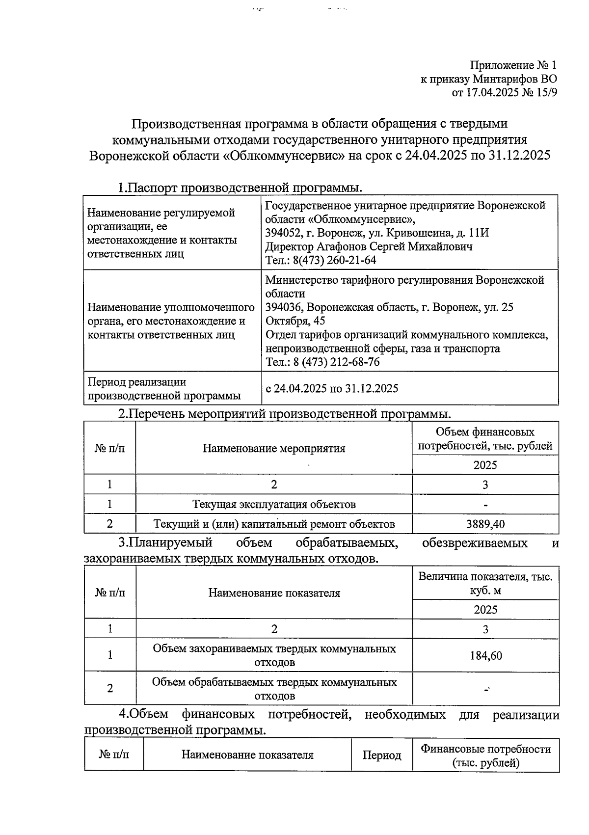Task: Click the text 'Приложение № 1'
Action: coord(513,65)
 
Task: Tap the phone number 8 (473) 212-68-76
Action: coord(336,362)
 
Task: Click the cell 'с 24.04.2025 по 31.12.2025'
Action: coord(332,388)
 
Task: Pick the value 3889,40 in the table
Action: coord(485,524)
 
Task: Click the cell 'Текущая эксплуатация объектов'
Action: coord(274,504)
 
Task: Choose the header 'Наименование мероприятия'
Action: coord(274,448)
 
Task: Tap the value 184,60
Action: coord(485,655)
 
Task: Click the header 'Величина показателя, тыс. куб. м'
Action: coord(485,583)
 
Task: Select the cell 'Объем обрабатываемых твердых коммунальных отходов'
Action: coord(274,689)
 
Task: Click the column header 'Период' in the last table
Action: coord(381,755)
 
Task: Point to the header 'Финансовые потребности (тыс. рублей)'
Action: coord(485,755)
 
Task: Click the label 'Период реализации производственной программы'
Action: coord(164,388)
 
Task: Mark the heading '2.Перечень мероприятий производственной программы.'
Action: coord(284,413)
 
